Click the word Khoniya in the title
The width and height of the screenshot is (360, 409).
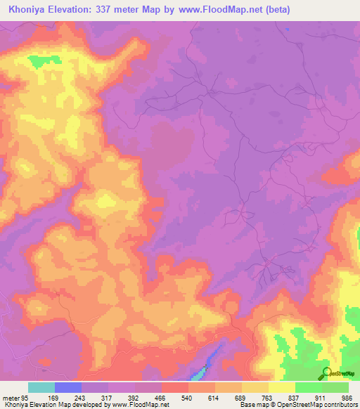29,10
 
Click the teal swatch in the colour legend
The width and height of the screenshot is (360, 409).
41,388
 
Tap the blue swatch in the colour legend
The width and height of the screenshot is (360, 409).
67,388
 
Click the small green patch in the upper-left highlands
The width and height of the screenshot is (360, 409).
34,60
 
